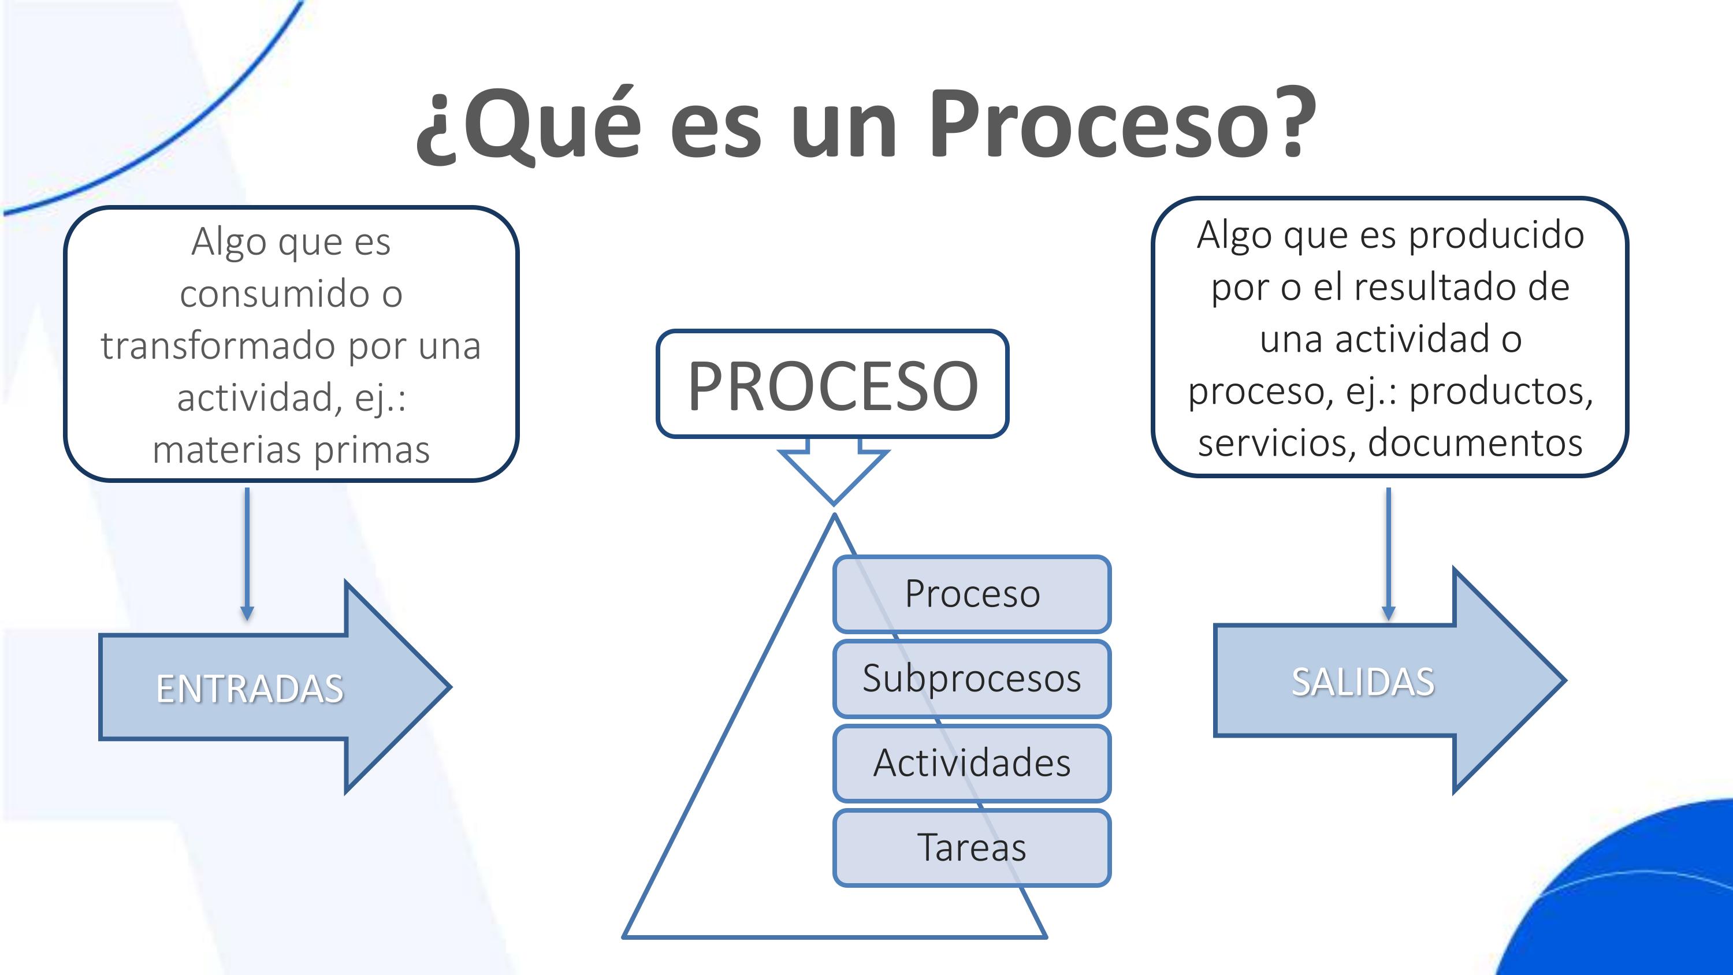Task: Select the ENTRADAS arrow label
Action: (x=250, y=689)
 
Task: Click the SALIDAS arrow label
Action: (x=1362, y=682)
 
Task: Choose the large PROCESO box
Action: (x=832, y=384)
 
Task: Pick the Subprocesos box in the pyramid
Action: (x=972, y=678)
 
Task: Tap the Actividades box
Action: (x=972, y=763)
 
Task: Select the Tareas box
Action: (x=972, y=847)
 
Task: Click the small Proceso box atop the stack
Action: (x=972, y=593)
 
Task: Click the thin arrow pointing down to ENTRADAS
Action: (x=247, y=552)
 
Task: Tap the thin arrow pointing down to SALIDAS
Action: (x=1388, y=552)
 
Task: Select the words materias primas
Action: (x=291, y=449)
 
